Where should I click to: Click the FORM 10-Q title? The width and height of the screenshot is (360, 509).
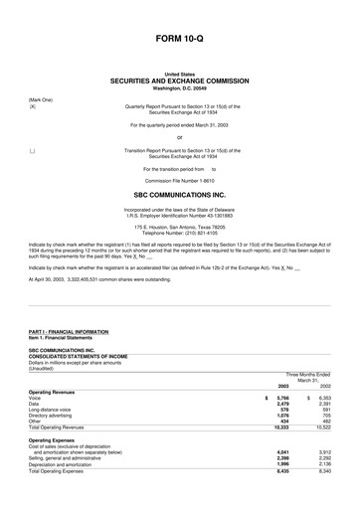[x=180, y=38]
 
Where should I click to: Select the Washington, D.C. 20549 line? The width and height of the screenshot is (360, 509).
[x=180, y=87]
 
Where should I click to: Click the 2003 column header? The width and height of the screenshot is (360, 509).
[x=282, y=385]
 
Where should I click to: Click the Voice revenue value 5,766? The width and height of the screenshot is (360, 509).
[x=282, y=398]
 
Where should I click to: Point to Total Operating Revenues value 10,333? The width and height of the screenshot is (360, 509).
[x=280, y=429]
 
